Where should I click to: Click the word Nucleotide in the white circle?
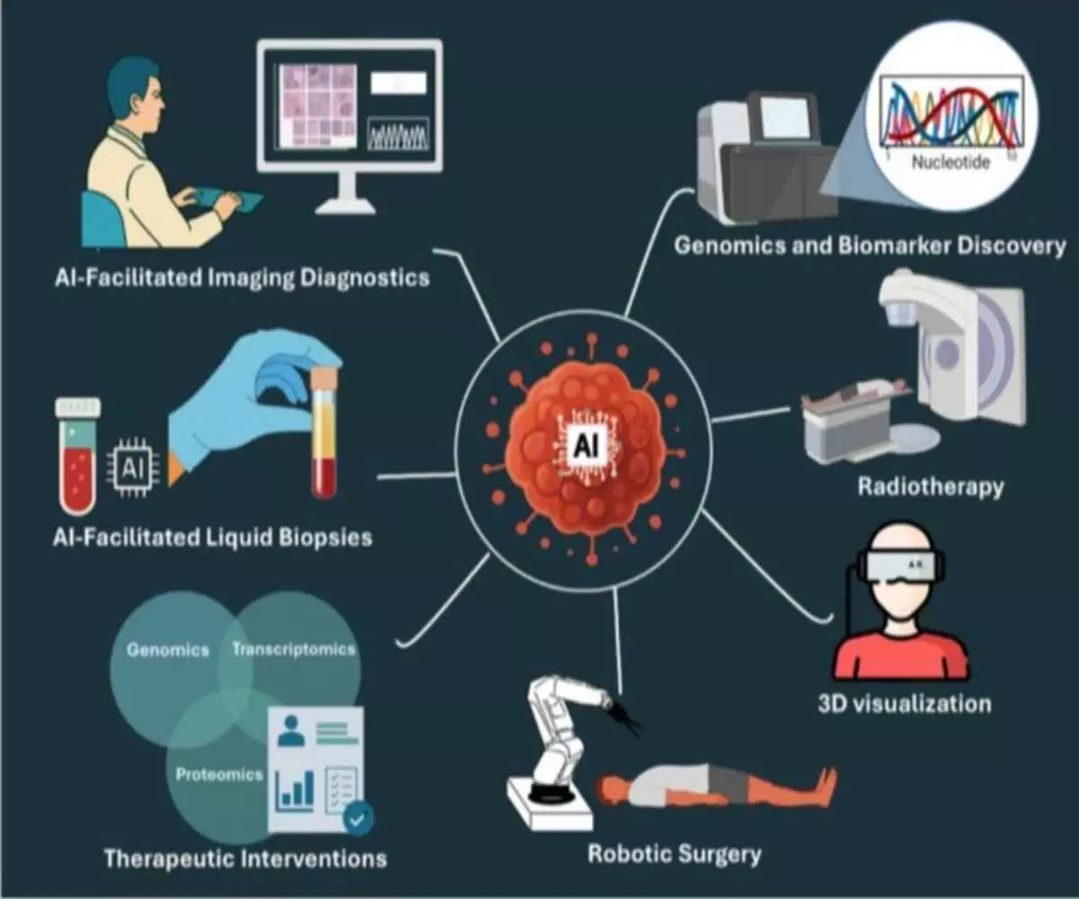950,163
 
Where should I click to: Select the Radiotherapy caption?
930,487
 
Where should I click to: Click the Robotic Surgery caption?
674,852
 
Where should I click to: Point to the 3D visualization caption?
905,702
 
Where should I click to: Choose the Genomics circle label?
168,649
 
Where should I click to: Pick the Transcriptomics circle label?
294,649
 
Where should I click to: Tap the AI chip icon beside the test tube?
133,467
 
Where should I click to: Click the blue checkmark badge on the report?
359,818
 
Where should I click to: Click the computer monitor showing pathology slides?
350,108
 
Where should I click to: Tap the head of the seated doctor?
135,90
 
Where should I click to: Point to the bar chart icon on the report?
297,788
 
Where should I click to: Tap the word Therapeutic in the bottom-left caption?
165,858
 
